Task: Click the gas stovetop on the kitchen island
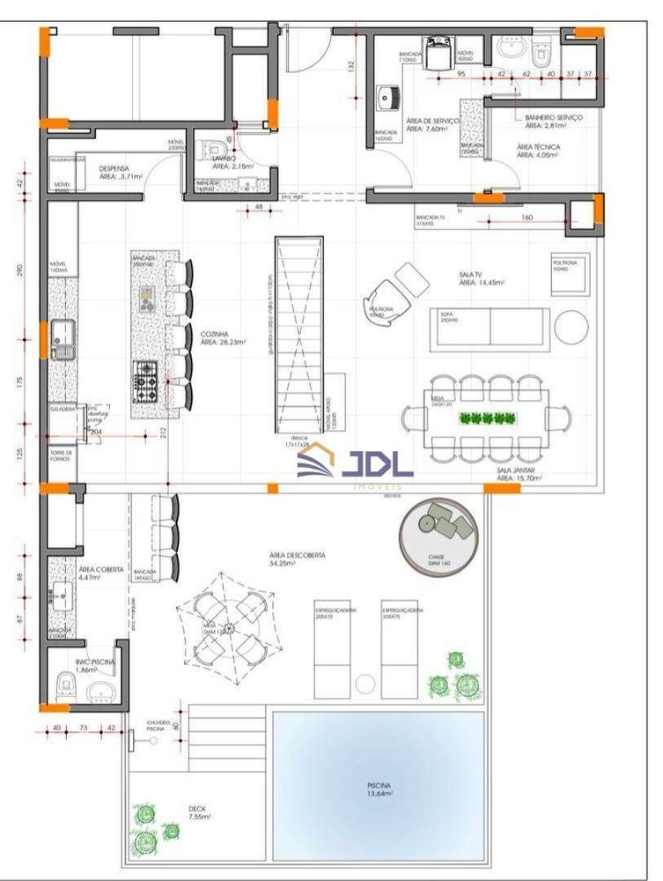point(146,381)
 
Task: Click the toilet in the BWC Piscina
point(64,685)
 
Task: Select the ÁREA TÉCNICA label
point(537,151)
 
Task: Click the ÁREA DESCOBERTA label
point(297,559)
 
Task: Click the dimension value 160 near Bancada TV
point(527,218)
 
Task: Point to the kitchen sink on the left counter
point(63,336)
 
